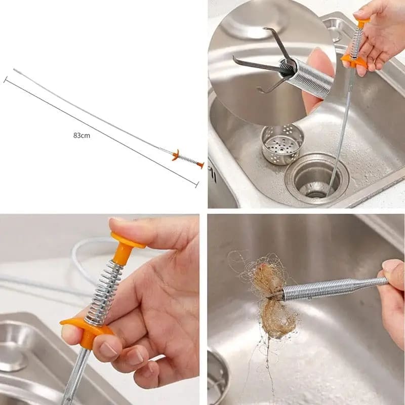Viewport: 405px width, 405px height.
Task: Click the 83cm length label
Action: [82, 135]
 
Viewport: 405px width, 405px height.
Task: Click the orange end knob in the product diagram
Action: [200, 165]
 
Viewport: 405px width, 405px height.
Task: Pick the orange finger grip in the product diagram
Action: [176, 155]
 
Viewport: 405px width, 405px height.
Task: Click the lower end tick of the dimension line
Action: [197, 184]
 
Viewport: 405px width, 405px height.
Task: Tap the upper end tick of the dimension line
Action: [5, 79]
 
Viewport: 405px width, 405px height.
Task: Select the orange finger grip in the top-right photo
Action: [354, 61]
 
